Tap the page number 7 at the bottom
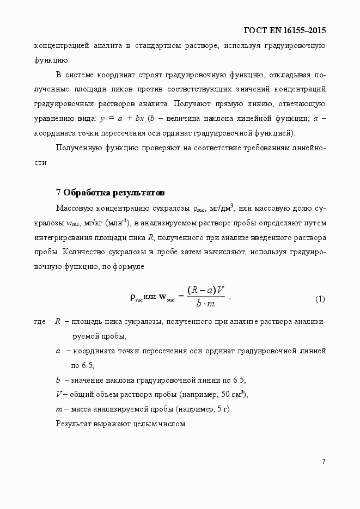[324, 462]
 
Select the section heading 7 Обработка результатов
[109, 193]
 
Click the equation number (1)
[320, 299]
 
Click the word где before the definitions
[40, 322]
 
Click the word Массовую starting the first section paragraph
[74, 208]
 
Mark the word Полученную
[77, 147]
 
